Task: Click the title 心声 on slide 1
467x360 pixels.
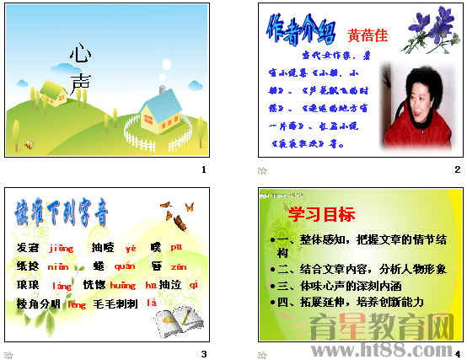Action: pos(80,68)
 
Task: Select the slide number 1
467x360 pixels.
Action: pos(203,171)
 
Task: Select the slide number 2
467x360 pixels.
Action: pos(457,171)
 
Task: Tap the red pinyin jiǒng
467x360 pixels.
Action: pos(62,248)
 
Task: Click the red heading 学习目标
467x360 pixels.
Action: pos(321,214)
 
